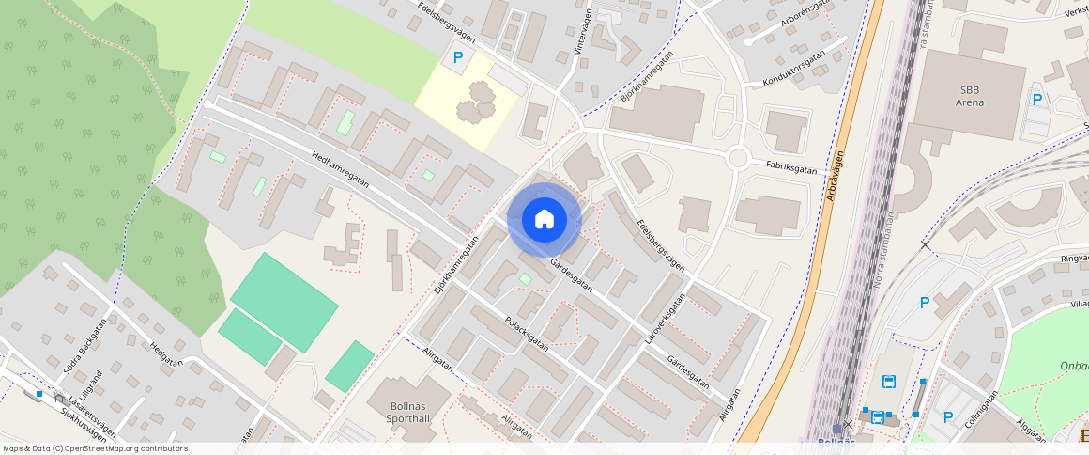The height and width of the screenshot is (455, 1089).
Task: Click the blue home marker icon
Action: pos(544,220)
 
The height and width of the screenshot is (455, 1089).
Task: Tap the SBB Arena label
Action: pos(970,97)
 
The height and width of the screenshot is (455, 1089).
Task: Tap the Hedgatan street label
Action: pos(165,360)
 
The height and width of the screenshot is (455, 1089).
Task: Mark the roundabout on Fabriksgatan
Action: pos(738,158)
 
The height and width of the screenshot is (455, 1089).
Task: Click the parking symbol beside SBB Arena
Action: pos(1037,100)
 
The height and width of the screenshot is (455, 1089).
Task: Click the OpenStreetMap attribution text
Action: pos(95,448)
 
